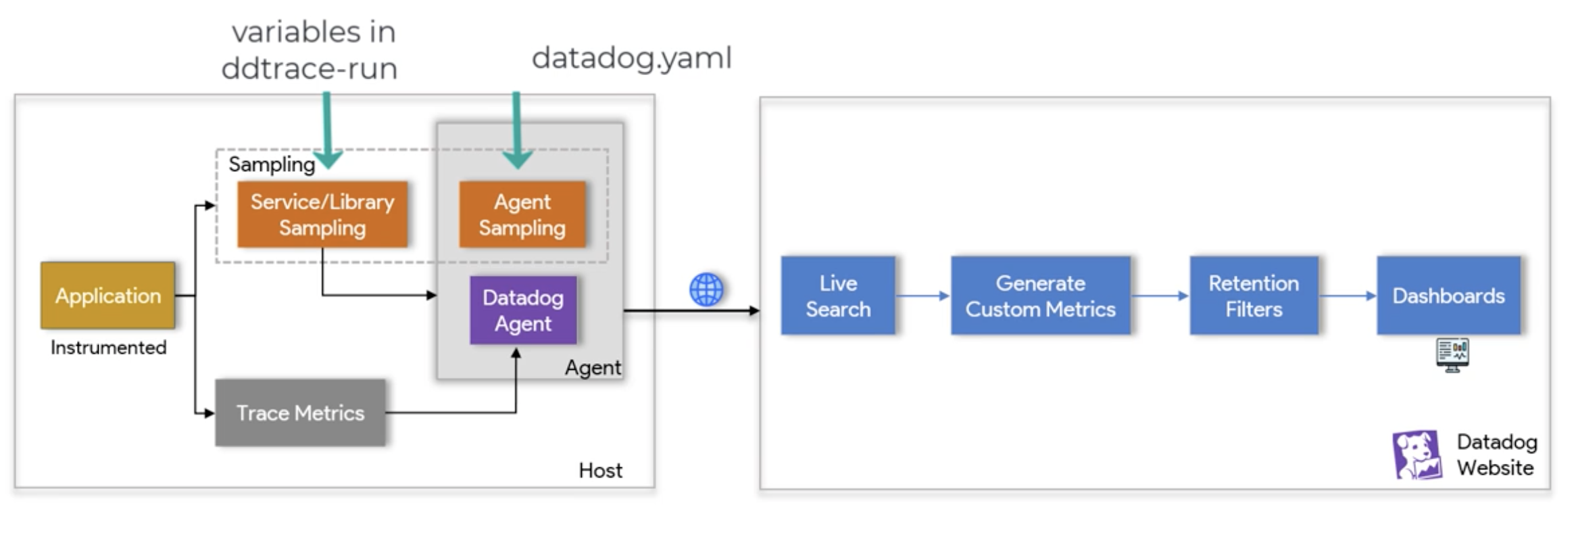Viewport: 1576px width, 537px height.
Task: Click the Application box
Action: pos(108,296)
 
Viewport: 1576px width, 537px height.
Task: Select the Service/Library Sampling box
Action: pos(322,214)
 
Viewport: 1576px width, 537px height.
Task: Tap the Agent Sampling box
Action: pos(522,214)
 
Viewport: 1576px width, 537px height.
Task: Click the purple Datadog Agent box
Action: pos(523,310)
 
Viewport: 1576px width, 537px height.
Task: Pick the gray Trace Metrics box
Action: pos(301,413)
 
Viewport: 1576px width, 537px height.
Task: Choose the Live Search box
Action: pos(838,296)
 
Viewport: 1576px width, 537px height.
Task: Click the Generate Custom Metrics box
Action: pos(1041,296)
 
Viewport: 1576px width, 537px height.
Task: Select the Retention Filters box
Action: pos(1254,296)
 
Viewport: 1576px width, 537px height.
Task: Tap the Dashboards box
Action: pos(1449,296)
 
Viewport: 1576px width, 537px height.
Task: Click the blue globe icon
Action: pos(706,290)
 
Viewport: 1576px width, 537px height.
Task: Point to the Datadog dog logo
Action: pos(1417,455)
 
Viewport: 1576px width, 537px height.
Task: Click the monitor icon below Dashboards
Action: pos(1452,355)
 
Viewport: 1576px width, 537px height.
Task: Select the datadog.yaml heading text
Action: pos(632,58)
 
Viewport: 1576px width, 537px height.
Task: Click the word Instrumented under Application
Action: pos(108,348)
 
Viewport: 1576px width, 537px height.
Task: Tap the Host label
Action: pos(600,470)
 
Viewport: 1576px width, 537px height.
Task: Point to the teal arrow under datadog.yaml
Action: pos(517,131)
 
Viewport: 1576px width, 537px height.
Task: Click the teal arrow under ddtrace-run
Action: pos(327,131)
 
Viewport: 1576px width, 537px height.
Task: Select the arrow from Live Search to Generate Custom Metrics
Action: pos(923,296)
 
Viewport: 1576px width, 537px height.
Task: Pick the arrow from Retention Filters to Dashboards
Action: pos(1348,296)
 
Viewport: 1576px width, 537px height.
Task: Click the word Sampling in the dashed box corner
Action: pos(272,164)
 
